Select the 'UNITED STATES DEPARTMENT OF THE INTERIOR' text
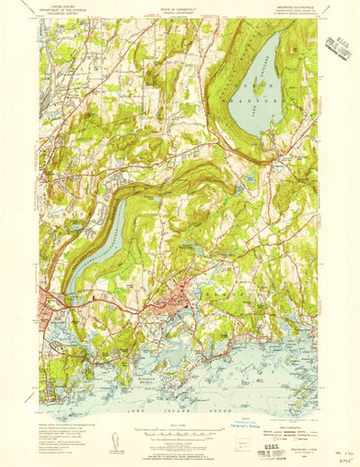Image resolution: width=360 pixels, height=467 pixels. pos(68,10)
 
